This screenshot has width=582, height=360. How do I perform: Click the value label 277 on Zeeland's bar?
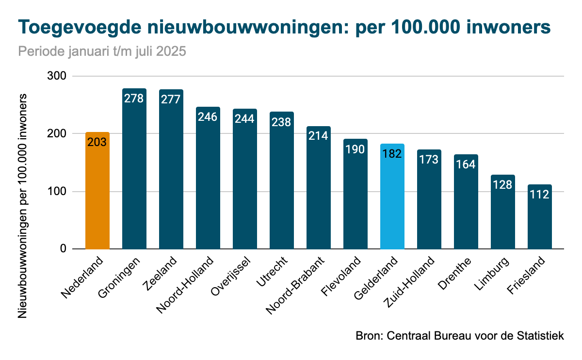[x=171, y=99]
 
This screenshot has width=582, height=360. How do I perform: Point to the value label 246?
[x=208, y=116]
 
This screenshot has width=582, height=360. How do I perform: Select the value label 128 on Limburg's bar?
[x=502, y=184]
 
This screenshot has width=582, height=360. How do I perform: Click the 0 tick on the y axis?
[x=63, y=249]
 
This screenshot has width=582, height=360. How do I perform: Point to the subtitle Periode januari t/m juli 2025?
[x=102, y=51]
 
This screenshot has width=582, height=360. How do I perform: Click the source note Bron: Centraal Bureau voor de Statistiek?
[x=460, y=336]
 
